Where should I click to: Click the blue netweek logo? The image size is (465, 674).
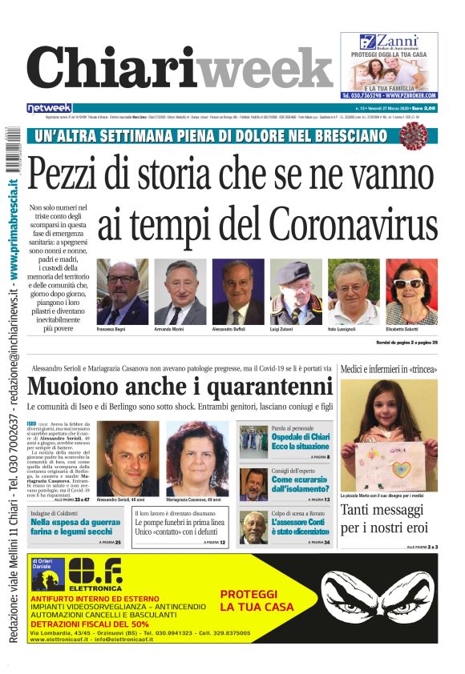click(50, 107)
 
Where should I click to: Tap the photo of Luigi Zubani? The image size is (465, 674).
click(296, 292)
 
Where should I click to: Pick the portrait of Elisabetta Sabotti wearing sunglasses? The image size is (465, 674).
click(411, 292)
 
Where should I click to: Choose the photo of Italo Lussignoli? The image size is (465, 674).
click(354, 292)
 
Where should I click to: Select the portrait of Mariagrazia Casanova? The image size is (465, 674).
click(196, 458)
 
